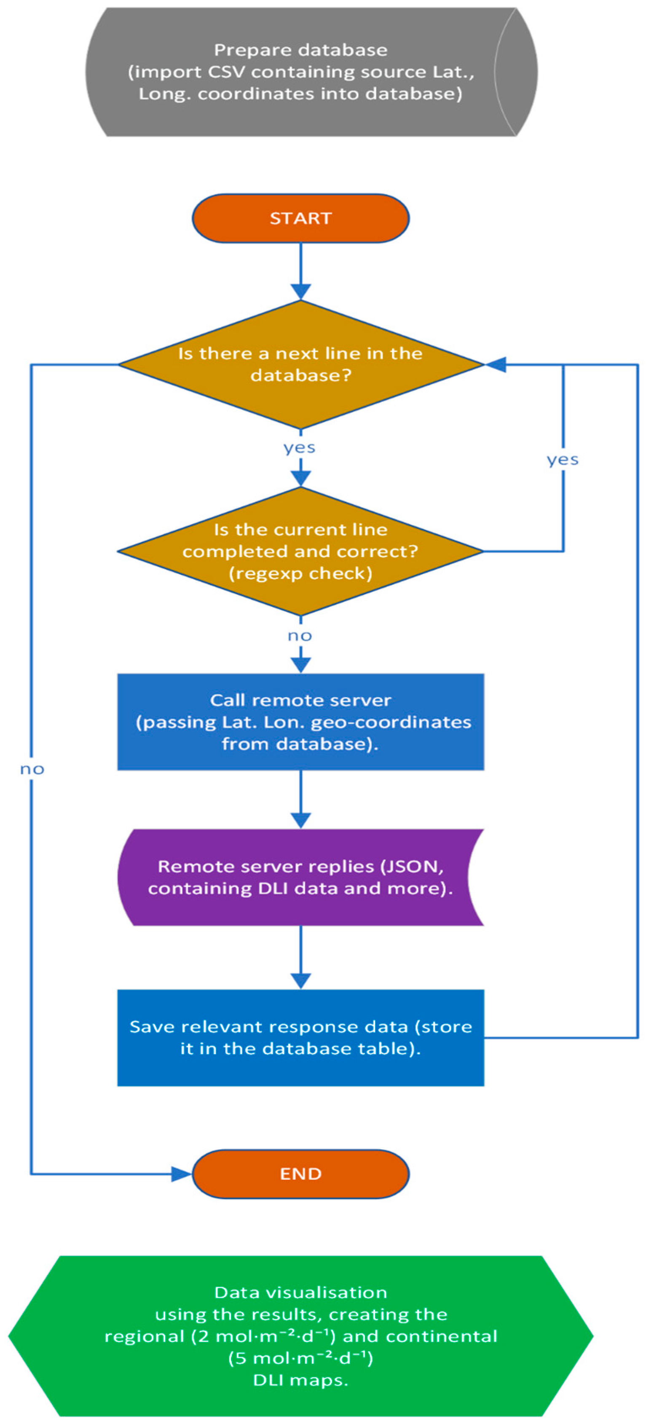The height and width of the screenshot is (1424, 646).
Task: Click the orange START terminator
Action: tap(300, 218)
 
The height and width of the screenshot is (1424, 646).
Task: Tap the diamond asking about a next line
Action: tap(300, 364)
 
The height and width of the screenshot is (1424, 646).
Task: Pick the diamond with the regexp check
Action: tap(300, 551)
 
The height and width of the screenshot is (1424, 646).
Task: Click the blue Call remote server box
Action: tap(300, 721)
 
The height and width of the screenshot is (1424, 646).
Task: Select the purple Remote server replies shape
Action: tap(300, 877)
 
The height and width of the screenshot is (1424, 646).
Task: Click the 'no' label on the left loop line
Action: tap(32, 769)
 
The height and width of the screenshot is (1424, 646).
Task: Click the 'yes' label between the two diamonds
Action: tap(300, 447)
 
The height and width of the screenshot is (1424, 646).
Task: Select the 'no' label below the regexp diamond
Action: tap(300, 636)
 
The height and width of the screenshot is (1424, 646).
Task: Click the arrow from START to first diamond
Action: tap(300, 271)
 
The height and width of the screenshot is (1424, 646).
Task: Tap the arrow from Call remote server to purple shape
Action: tap(300, 799)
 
